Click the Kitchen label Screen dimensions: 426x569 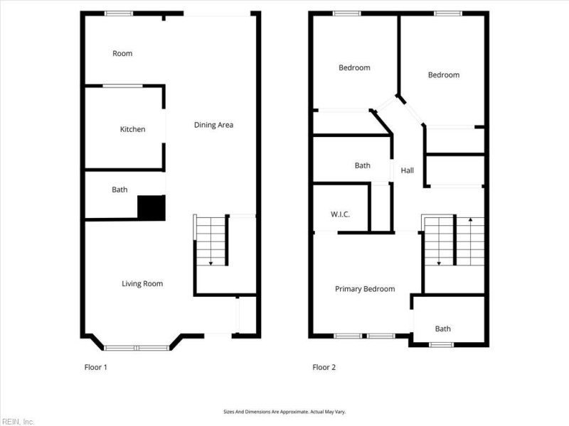pos(132,129)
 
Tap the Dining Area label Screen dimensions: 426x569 pos(213,125)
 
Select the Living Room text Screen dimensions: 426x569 pos(142,284)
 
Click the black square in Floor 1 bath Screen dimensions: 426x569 pos(151,207)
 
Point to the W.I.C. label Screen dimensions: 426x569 pos(340,214)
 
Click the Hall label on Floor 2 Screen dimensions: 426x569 pos(407,170)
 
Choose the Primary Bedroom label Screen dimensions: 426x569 pos(365,289)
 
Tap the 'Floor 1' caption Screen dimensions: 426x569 pos(95,368)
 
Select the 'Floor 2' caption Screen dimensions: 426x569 pos(324,368)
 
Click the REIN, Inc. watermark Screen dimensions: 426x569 pos(18,422)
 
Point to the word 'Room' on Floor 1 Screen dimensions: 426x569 pos(122,53)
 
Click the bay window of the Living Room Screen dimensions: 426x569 pos(137,347)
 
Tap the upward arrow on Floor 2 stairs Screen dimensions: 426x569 pos(470,222)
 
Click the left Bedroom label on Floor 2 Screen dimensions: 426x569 pos(354,67)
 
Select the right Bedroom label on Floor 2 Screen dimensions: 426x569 pos(443,75)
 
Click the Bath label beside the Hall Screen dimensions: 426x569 pos(363,165)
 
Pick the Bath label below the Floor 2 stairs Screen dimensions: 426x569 pos(443,329)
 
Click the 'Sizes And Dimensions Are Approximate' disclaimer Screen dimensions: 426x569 pos(284,412)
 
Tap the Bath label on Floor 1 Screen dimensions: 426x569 pos(119,190)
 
